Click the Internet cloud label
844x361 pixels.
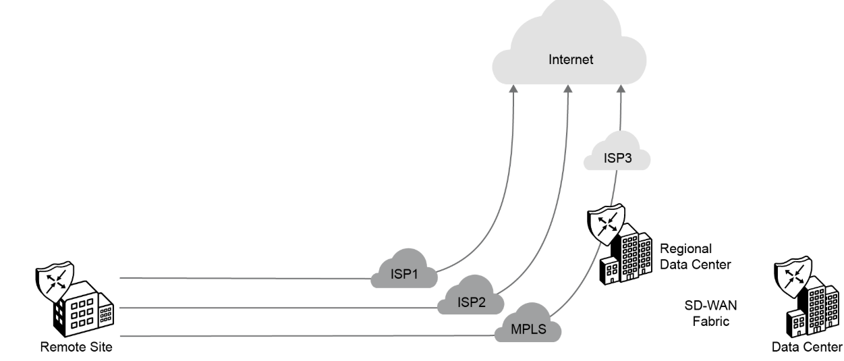(570, 59)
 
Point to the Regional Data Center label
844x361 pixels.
(695, 256)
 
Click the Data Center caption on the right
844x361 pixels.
(807, 348)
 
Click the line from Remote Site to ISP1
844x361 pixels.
(243, 277)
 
